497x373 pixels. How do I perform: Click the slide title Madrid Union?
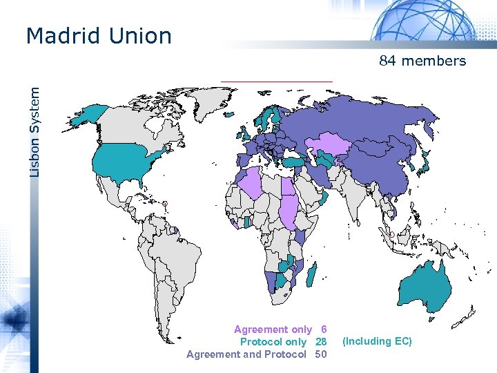(x=98, y=36)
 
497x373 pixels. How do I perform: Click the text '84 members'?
(x=422, y=61)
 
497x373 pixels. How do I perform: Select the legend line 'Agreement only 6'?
(x=280, y=329)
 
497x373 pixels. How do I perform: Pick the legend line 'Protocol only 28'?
(x=283, y=342)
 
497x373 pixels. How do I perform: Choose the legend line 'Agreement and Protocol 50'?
(x=257, y=354)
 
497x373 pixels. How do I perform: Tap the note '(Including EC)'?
(x=377, y=341)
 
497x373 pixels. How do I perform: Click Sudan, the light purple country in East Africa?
(x=289, y=207)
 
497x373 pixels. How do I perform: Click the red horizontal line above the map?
(x=276, y=82)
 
